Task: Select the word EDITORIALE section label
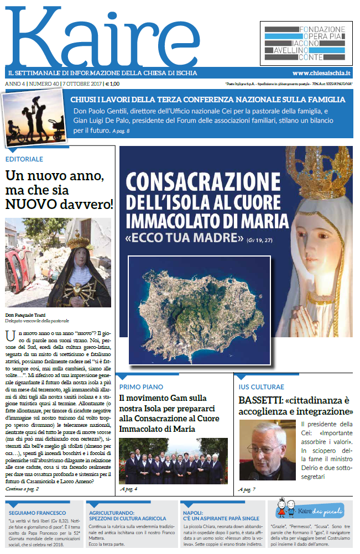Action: [x=24, y=159]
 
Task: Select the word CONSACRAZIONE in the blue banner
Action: [x=203, y=181]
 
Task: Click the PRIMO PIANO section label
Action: [x=141, y=386]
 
